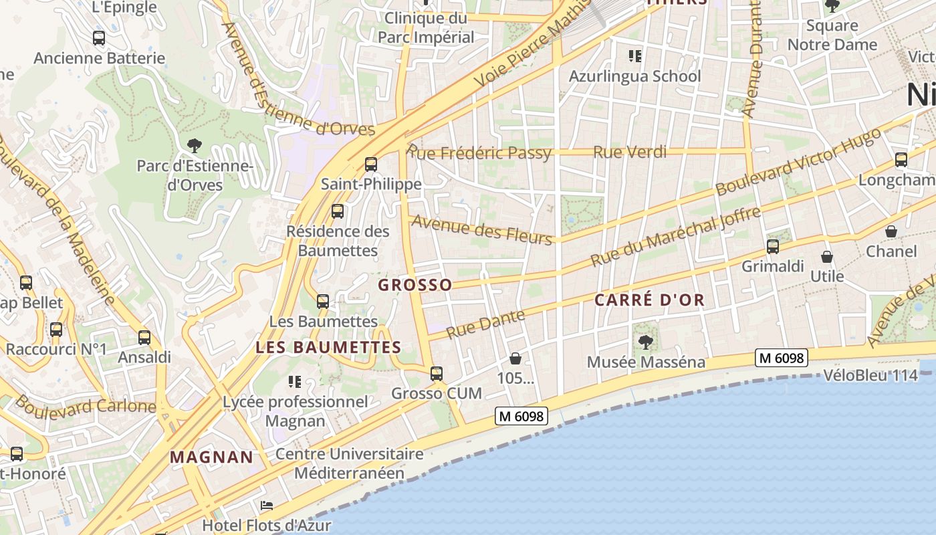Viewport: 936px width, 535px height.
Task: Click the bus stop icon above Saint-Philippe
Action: pyautogui.click(x=371, y=164)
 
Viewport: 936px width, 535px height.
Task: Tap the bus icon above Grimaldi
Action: pyautogui.click(x=773, y=247)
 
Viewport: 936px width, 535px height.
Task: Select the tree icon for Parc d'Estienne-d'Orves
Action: pyautogui.click(x=195, y=144)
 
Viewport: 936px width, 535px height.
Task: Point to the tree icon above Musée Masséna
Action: pyautogui.click(x=646, y=342)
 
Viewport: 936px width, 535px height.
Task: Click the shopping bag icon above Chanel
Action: pyautogui.click(x=891, y=231)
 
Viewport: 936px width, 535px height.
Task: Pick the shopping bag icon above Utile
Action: pyautogui.click(x=827, y=257)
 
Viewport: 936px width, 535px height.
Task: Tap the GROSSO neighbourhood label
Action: pyautogui.click(x=415, y=285)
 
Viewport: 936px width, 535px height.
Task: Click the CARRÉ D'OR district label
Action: pyautogui.click(x=650, y=300)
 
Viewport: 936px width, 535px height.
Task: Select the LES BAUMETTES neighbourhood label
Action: pyautogui.click(x=328, y=347)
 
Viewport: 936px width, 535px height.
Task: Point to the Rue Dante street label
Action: pyautogui.click(x=485, y=324)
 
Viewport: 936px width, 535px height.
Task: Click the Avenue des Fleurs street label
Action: pyautogui.click(x=482, y=229)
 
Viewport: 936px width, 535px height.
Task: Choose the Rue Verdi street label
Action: pyautogui.click(x=630, y=152)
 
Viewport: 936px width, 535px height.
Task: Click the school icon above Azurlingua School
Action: pyautogui.click(x=634, y=56)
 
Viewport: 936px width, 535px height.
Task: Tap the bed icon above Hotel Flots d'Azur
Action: pyautogui.click(x=267, y=505)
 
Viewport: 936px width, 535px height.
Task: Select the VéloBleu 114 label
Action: pyautogui.click(x=870, y=375)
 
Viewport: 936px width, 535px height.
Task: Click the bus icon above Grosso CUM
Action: pyautogui.click(x=437, y=373)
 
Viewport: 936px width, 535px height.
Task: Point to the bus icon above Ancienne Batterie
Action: pyautogui.click(x=99, y=38)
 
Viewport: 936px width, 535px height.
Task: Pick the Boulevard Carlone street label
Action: pyautogui.click(x=86, y=405)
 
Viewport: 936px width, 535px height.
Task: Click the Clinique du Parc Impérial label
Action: pyautogui.click(x=426, y=27)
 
